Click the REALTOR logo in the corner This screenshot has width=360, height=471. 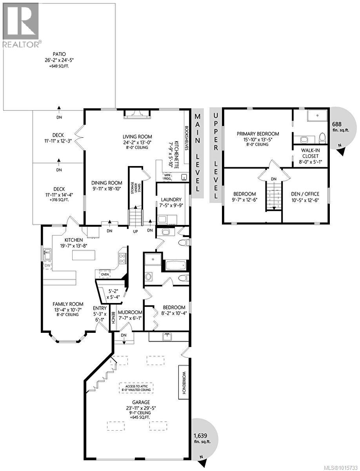(x=20, y=25)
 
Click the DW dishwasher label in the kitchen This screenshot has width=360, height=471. (x=47, y=265)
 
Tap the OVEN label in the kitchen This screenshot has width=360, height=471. (x=105, y=274)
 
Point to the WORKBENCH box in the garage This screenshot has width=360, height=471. (x=184, y=383)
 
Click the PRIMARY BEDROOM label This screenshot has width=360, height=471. (x=258, y=133)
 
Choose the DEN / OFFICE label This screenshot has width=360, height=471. (x=306, y=194)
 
